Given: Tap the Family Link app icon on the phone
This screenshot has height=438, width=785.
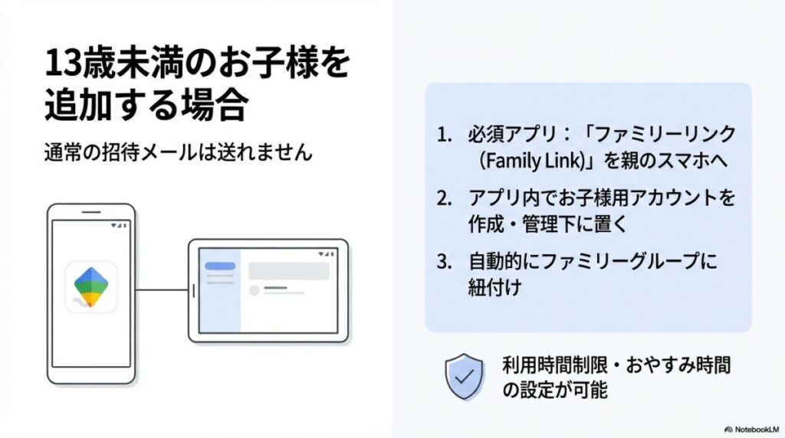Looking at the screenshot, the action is tap(91, 286).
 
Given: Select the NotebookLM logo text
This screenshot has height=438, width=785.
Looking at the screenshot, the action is tap(752, 430).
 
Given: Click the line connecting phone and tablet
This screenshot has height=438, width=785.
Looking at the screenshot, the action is tap(163, 290).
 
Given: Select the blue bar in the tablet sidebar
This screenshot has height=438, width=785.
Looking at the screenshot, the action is tap(220, 266).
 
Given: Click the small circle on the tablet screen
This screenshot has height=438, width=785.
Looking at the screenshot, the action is tap(255, 290).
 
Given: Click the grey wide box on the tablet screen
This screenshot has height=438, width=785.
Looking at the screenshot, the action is tap(288, 270).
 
